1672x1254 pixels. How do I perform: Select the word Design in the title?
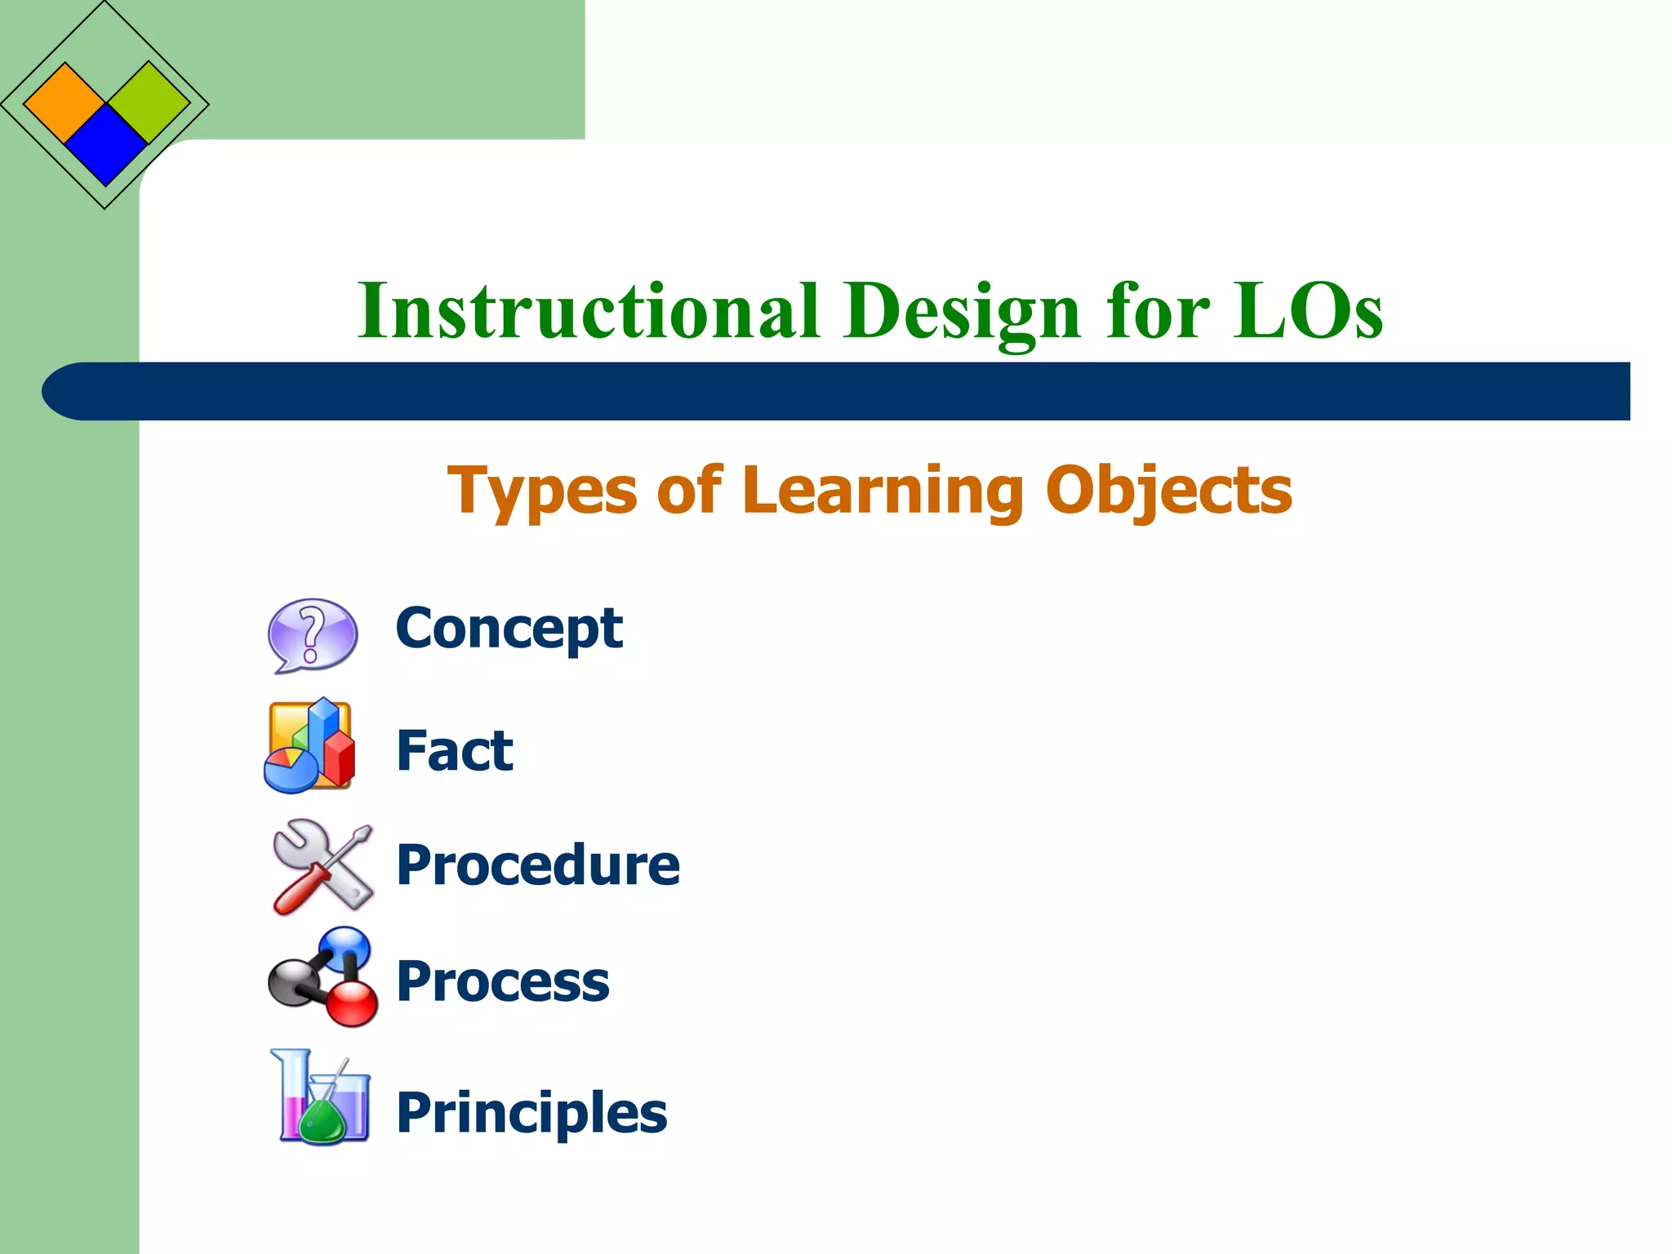(x=963, y=312)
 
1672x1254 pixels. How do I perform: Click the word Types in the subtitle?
(x=542, y=491)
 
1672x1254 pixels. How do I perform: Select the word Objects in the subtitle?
(x=1169, y=491)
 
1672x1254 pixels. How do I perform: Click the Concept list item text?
(x=509, y=629)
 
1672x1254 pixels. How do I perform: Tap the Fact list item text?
(x=455, y=750)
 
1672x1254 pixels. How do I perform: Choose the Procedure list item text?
(x=537, y=865)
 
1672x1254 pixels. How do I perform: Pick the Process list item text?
(x=502, y=981)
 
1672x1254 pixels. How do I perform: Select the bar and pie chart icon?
(x=309, y=746)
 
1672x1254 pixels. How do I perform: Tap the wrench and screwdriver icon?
(x=322, y=865)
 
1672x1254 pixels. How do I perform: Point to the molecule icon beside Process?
(x=323, y=976)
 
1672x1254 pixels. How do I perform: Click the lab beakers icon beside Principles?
(x=320, y=1097)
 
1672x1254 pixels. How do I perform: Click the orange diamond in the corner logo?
(x=64, y=103)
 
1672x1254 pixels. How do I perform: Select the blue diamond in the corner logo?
(x=105, y=144)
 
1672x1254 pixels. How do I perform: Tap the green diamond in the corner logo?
(x=149, y=102)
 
